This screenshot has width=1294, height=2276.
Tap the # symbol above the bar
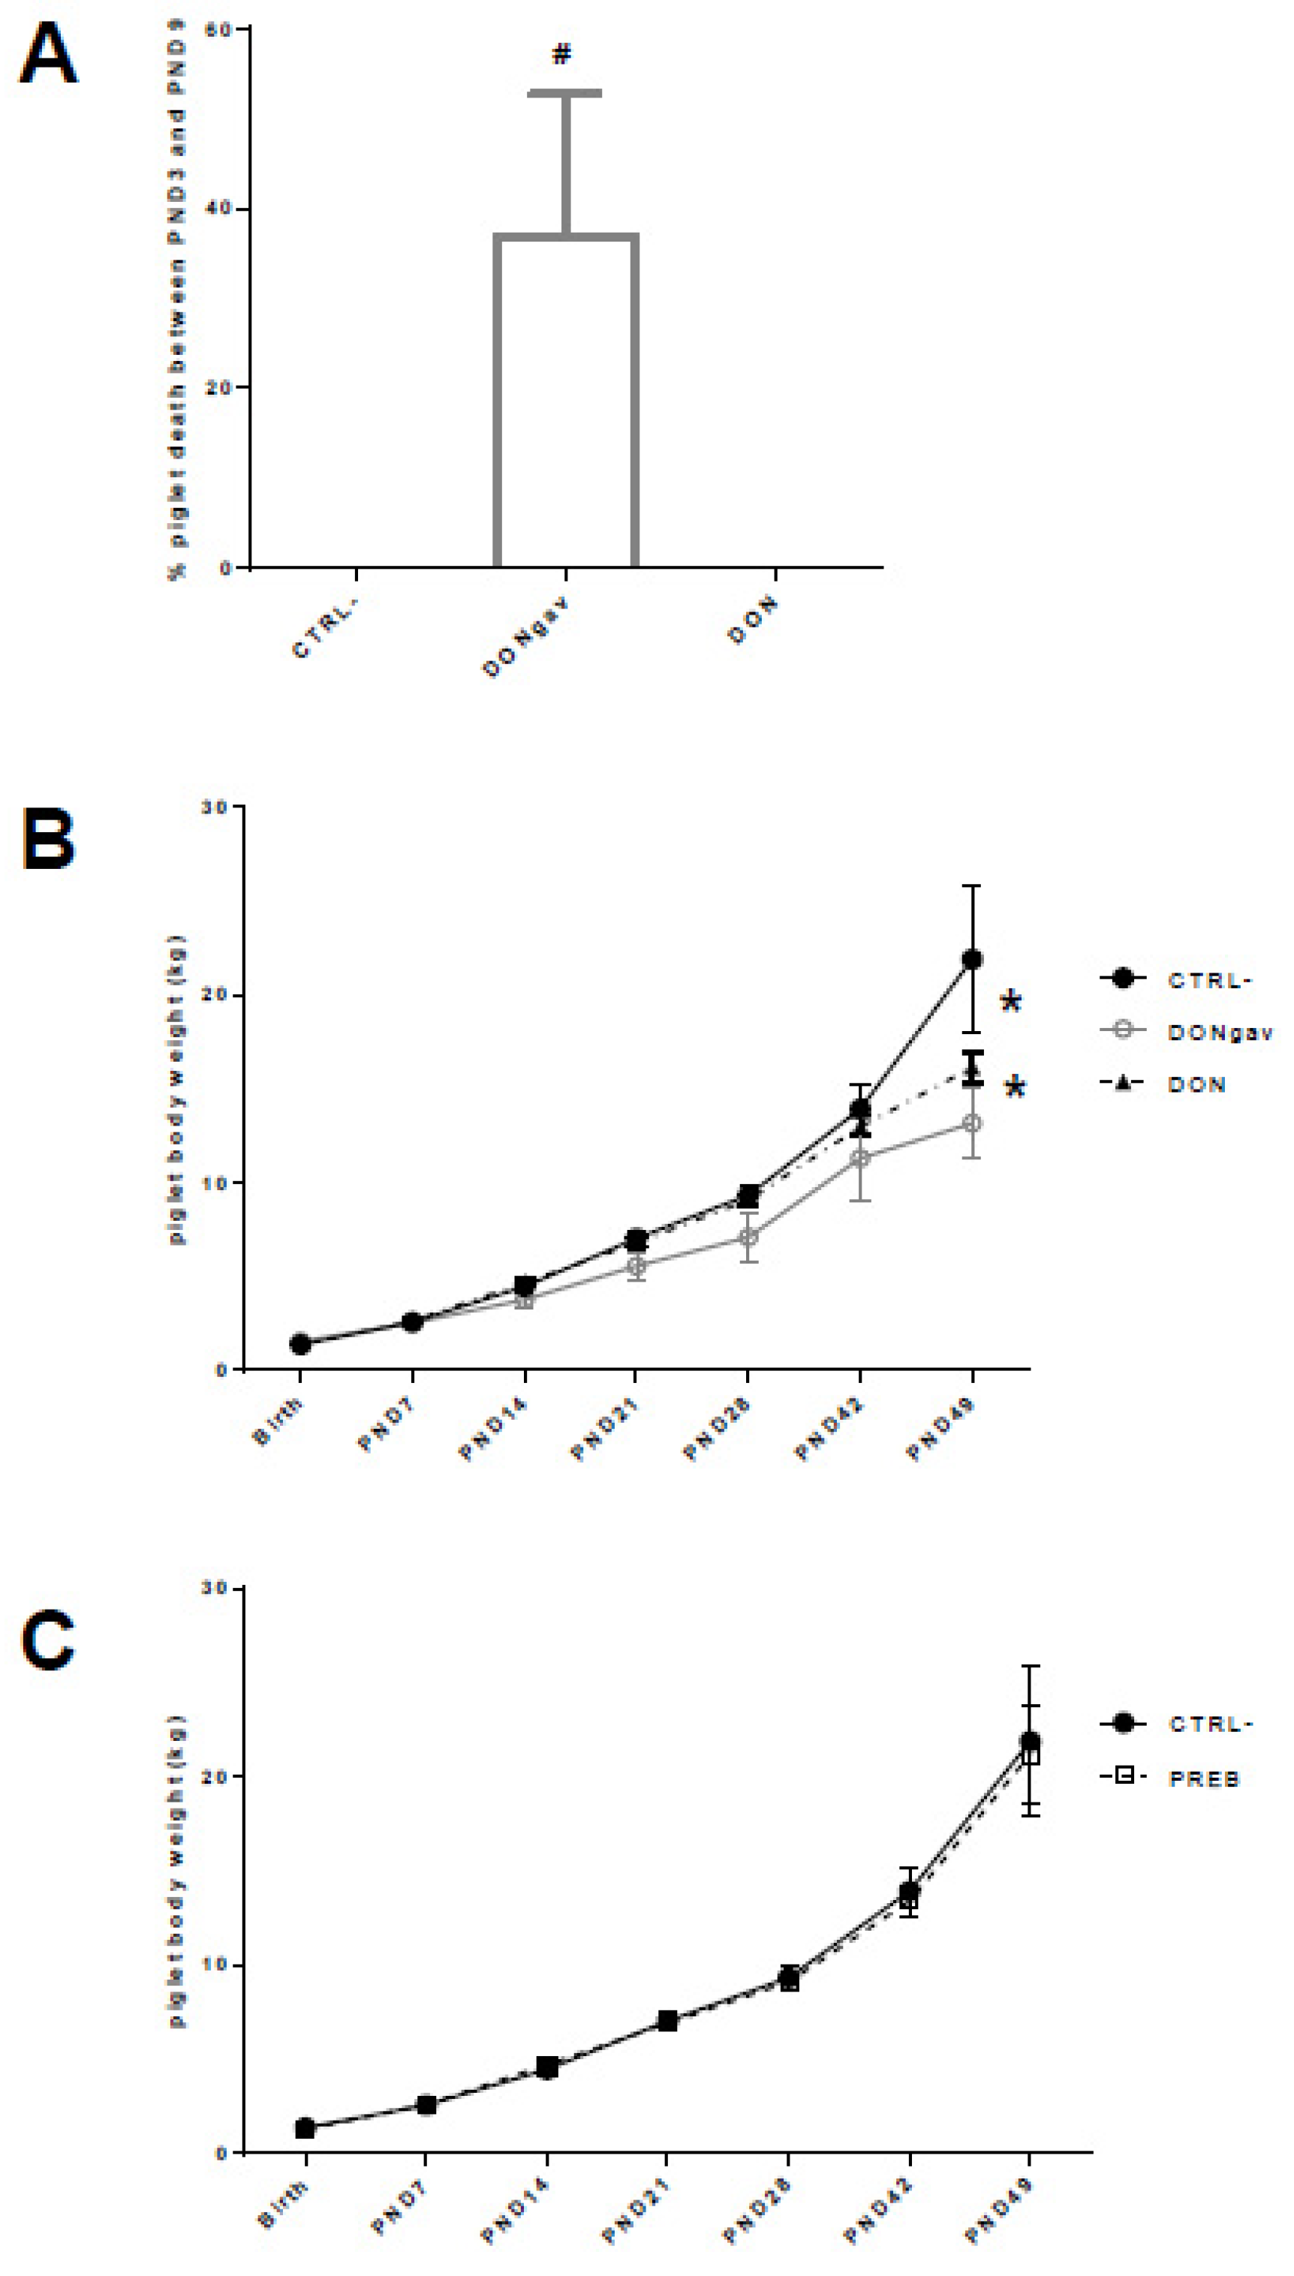[x=561, y=54]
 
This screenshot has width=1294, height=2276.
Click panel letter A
[x=48, y=53]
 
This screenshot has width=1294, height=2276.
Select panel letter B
[x=48, y=840]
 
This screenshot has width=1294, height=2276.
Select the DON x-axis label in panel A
[x=753, y=620]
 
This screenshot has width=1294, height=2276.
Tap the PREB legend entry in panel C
[x=1203, y=1779]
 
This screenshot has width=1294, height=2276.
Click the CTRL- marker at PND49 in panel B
[x=972, y=960]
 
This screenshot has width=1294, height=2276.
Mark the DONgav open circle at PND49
[x=972, y=1124]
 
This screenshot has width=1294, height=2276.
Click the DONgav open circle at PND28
[x=748, y=1237]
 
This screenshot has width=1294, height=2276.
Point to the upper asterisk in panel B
[x=1010, y=1002]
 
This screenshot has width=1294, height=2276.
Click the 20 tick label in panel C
[x=217, y=1775]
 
